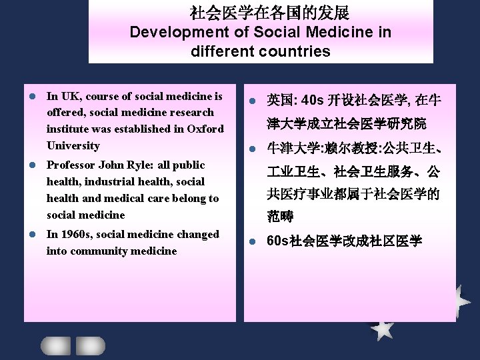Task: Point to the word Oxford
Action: (x=206, y=129)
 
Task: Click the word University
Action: (x=73, y=145)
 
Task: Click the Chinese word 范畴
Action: (x=280, y=217)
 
